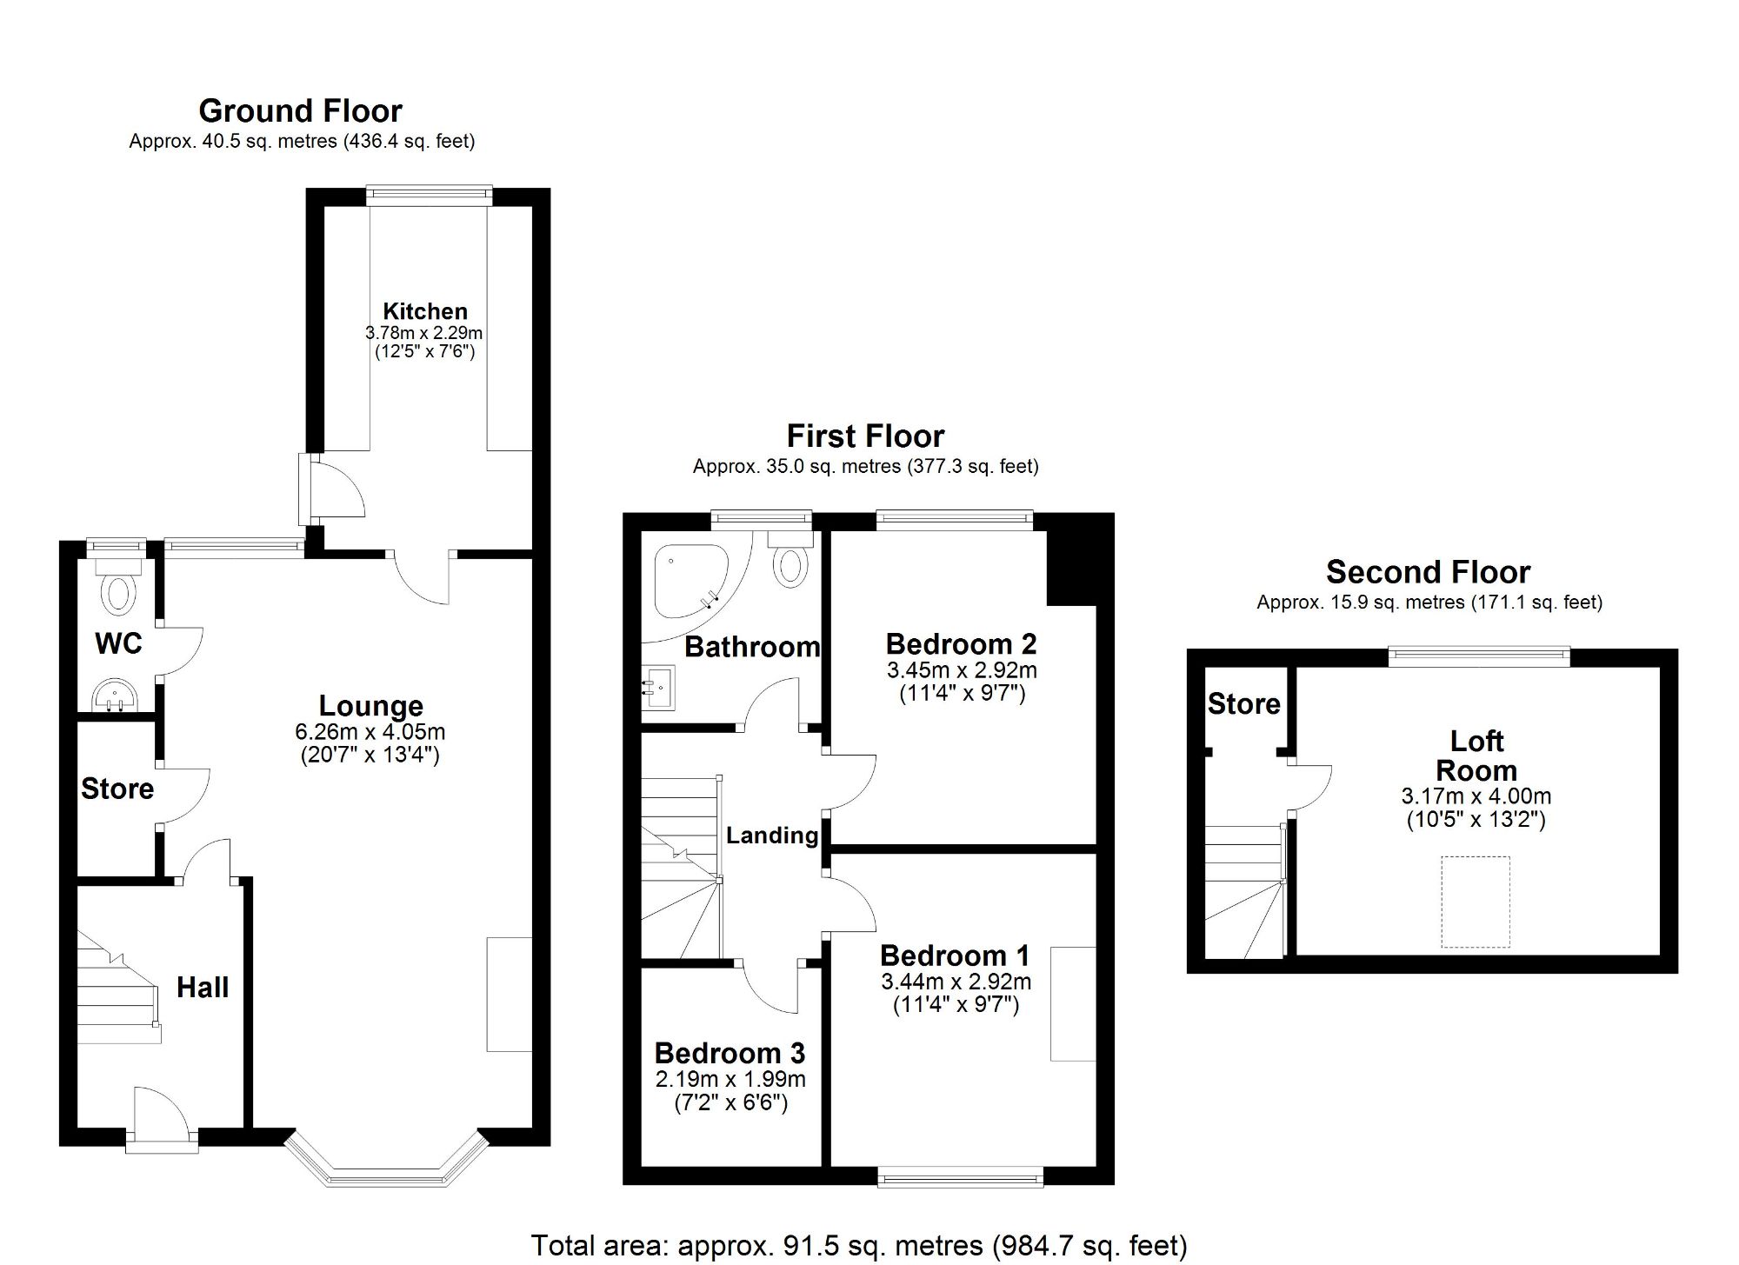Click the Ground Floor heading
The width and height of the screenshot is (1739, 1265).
[300, 111]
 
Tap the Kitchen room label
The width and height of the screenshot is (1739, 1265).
[425, 311]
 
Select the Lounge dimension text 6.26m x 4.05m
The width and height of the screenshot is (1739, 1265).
[370, 732]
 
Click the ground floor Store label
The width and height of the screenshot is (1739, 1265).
[117, 789]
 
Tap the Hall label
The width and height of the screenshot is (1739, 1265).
[203, 988]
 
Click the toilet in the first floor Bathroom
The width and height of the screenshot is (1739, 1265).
[790, 561]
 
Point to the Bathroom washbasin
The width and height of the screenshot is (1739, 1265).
[658, 689]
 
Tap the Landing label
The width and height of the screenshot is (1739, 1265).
[772, 836]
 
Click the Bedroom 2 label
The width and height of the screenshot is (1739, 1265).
[961, 644]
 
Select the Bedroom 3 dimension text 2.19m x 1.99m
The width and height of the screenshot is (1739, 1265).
[730, 1079]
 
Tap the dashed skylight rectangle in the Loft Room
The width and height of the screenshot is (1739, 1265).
[1476, 902]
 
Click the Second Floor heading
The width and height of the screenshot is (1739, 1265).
[1428, 572]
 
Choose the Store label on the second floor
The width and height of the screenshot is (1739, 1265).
[1243, 703]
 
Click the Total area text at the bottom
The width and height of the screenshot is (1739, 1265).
[858, 1245]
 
